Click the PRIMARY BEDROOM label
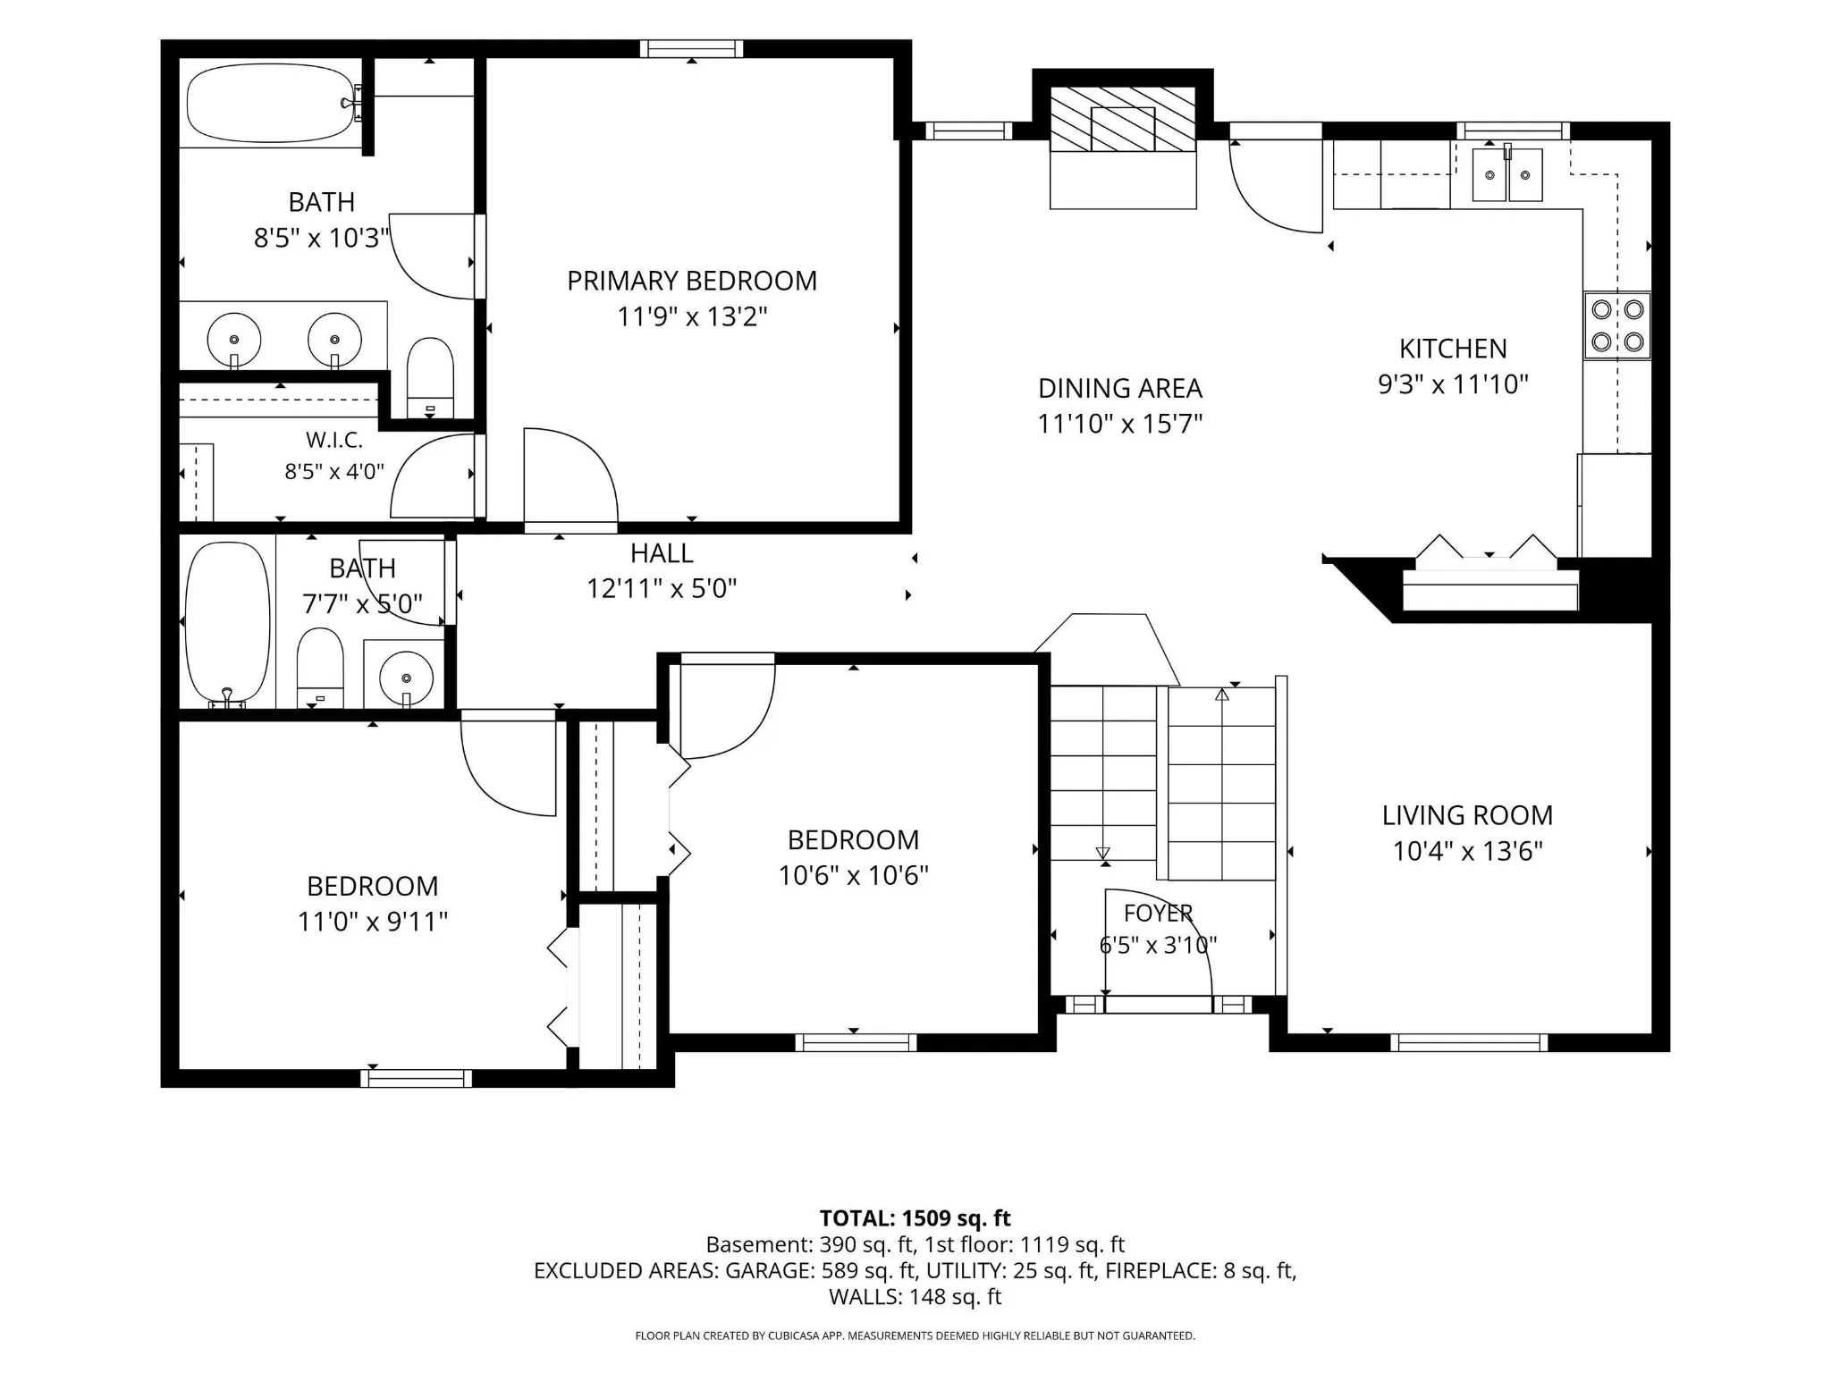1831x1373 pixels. coord(692,281)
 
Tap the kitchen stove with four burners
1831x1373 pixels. coord(1617,325)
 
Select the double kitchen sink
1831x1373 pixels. coord(1507,174)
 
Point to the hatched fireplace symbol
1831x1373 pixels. coord(1123,120)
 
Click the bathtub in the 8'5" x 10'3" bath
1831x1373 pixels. coord(271,103)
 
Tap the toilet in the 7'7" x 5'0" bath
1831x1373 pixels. coord(319,668)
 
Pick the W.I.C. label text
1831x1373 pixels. coord(334,440)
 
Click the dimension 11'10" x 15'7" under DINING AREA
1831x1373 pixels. coord(1120,423)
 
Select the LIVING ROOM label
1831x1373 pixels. coord(1467,815)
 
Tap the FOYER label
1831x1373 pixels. coord(1159,913)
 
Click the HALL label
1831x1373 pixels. coord(662,553)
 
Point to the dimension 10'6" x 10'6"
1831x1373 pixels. coord(854,875)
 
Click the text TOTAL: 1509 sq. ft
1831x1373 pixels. coord(915,1218)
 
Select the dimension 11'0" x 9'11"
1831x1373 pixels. coord(373,922)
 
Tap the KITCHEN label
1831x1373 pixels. coord(1453,349)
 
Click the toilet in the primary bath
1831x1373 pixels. coord(430,377)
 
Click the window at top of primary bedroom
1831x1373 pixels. coord(692,49)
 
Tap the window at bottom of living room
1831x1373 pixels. coord(1469,1042)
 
